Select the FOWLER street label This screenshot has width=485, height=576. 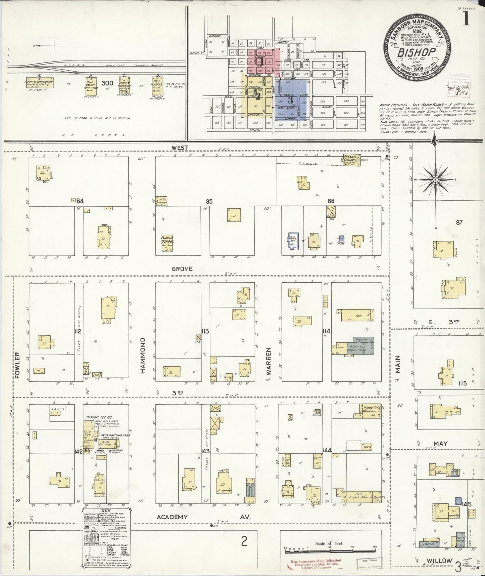[17, 365]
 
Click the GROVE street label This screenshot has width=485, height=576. [182, 269]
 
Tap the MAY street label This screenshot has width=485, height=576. [441, 444]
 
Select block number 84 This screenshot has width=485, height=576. [80, 201]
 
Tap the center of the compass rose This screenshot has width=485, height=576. [435, 180]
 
